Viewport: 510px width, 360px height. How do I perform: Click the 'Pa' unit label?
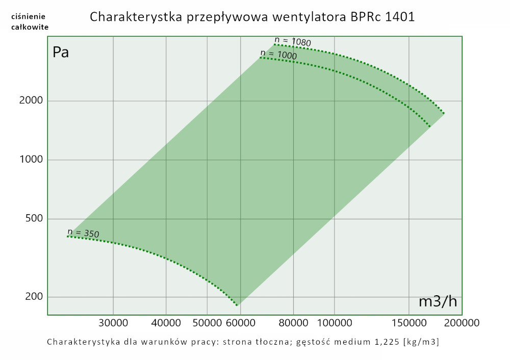[x=61, y=53]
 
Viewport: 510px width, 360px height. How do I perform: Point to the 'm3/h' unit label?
[x=438, y=301]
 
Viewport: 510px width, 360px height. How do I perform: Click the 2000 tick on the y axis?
[x=31, y=100]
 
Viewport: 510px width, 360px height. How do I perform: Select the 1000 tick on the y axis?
[x=31, y=160]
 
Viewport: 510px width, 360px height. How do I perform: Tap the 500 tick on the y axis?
[x=34, y=219]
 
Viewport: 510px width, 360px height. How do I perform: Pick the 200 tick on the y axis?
[x=34, y=297]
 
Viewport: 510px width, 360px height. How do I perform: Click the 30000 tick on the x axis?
[x=113, y=323]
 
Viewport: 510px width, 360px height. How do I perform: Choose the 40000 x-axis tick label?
[x=167, y=323]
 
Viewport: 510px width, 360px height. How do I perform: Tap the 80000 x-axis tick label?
[x=294, y=323]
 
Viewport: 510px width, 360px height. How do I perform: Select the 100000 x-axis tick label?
[x=334, y=323]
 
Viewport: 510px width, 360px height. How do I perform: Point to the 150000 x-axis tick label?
[x=410, y=323]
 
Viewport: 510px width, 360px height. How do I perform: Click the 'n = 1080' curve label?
[x=292, y=42]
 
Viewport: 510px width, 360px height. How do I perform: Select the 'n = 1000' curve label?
[x=278, y=54]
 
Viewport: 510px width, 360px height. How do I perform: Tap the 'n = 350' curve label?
[x=83, y=234]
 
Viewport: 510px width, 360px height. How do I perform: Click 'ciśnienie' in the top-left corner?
[x=30, y=16]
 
